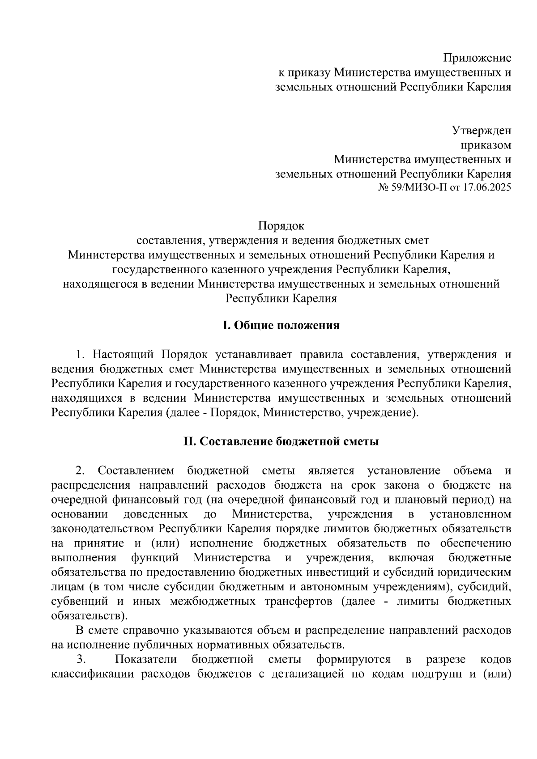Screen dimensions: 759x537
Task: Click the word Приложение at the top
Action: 477,58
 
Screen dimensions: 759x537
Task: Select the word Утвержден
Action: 481,131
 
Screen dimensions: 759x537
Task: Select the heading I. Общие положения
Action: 281,326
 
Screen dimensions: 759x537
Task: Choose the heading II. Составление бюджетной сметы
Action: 281,442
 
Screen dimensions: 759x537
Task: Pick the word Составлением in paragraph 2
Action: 136,471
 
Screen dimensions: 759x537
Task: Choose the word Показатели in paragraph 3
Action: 146,660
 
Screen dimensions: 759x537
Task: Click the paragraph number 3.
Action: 81,660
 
